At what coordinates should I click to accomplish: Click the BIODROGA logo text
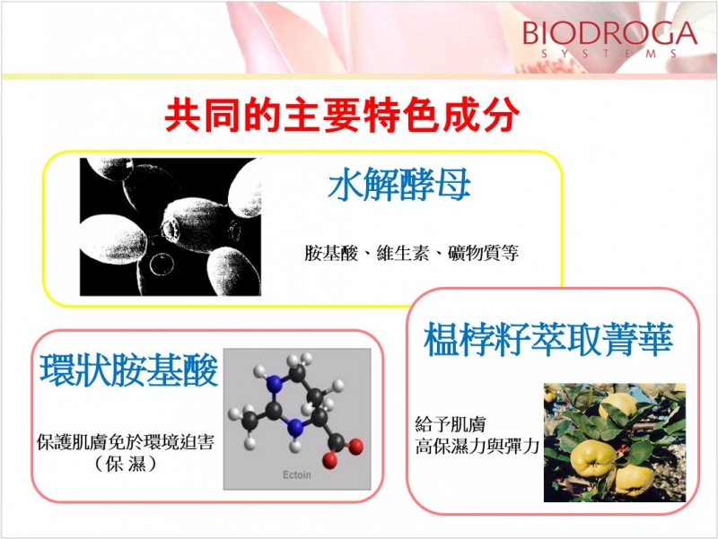609,33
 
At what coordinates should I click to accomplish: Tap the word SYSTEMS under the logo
609,54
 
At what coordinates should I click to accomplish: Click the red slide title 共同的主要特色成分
343,115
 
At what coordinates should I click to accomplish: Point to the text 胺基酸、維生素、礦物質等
411,253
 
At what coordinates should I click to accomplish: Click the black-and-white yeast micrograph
171,227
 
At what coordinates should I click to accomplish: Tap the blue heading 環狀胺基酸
128,370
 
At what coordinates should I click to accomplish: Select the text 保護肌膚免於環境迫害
125,442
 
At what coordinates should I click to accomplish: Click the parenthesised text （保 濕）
126,464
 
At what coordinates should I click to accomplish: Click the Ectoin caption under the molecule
297,475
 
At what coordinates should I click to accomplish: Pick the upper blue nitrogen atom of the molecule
275,383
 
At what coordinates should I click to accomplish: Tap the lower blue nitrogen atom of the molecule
296,428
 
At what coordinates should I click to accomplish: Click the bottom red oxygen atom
329,460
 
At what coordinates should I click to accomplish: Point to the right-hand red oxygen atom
355,446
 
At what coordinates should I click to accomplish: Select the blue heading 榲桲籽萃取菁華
548,339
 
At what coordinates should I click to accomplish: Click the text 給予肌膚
451,424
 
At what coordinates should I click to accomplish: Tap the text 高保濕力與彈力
477,446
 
